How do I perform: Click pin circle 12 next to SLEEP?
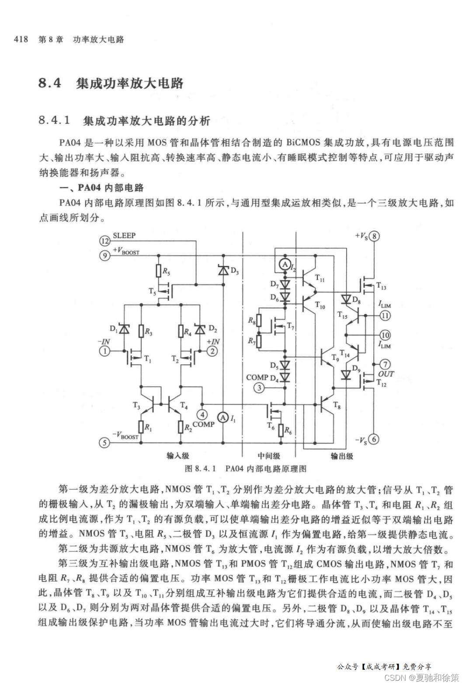(105, 241)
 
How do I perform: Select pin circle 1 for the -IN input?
(105, 351)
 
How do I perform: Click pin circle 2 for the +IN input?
(212, 351)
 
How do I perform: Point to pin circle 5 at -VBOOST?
(105, 443)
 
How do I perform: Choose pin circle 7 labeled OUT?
(385, 364)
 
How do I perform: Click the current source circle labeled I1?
(223, 418)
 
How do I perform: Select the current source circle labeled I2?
(284, 264)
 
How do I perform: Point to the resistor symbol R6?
(281, 430)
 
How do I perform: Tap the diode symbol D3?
(223, 271)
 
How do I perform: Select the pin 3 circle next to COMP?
(259, 387)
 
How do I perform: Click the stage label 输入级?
(177, 456)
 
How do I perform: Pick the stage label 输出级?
(341, 456)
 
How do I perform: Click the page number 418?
(21, 39)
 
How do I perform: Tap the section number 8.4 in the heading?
(50, 83)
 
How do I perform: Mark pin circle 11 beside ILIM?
(385, 315)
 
